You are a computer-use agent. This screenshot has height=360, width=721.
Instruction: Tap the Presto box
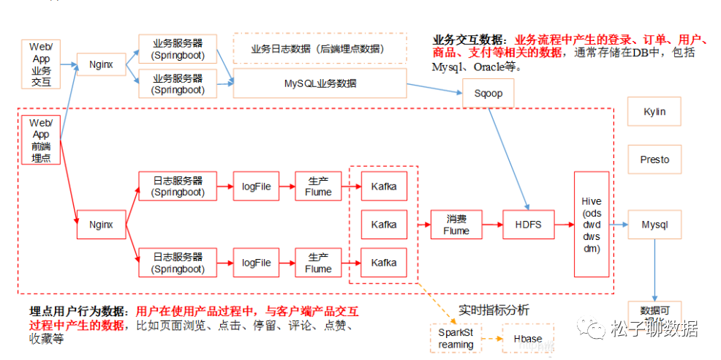coord(654,159)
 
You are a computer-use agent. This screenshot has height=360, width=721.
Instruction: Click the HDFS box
coord(528,225)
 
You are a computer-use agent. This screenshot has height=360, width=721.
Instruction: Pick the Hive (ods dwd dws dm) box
coord(591,225)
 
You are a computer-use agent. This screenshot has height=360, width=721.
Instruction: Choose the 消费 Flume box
coord(456,225)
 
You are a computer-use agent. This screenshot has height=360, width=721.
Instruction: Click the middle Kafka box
coord(384,225)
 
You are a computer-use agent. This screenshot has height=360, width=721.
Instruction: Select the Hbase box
coord(527,339)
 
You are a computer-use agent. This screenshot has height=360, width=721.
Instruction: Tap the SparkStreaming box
coord(456,339)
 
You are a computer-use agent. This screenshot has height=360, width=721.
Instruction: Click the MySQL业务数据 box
coord(320,83)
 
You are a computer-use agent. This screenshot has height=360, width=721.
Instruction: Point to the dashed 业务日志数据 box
coord(320,48)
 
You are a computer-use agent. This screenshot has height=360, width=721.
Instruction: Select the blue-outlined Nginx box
coord(101,64)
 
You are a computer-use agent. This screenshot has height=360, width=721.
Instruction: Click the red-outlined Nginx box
coord(101,225)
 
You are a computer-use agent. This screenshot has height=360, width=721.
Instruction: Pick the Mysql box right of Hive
coord(654,225)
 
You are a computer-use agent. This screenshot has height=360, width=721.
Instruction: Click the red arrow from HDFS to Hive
coord(563,225)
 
